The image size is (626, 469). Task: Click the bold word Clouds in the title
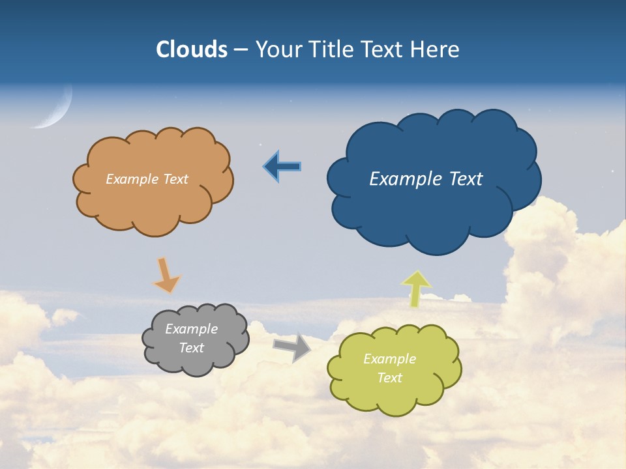[192, 50]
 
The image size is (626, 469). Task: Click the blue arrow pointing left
[282, 167]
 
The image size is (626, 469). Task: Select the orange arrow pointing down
[166, 275]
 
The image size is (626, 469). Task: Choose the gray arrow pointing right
[292, 347]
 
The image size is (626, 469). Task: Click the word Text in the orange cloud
[175, 178]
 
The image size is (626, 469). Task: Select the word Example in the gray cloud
[191, 329]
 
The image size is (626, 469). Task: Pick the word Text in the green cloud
[389, 378]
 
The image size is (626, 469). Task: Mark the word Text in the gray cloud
[191, 348]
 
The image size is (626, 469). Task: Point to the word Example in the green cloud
[389, 359]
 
